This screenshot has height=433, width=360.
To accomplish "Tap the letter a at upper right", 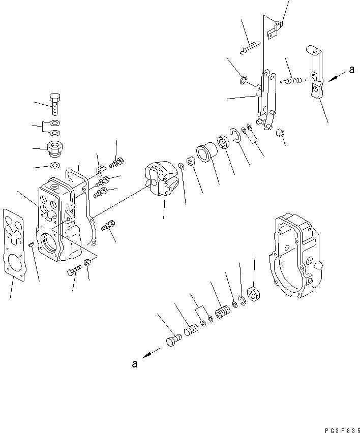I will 351,71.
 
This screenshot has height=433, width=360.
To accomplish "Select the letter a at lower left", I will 134,364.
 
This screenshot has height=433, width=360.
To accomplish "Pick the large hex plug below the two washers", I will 54,149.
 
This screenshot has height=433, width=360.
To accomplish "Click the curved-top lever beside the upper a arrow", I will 315,74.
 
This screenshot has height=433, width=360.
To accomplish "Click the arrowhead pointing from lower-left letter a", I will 145,356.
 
